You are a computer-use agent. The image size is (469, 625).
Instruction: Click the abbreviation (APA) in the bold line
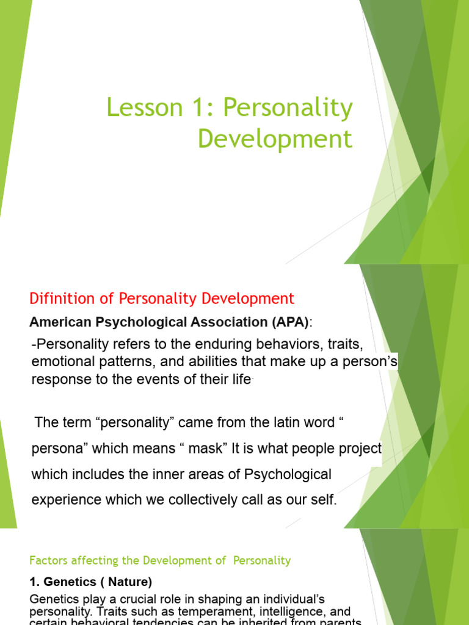[x=289, y=322]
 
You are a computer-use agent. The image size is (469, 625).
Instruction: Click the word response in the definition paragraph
[x=59, y=379]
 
